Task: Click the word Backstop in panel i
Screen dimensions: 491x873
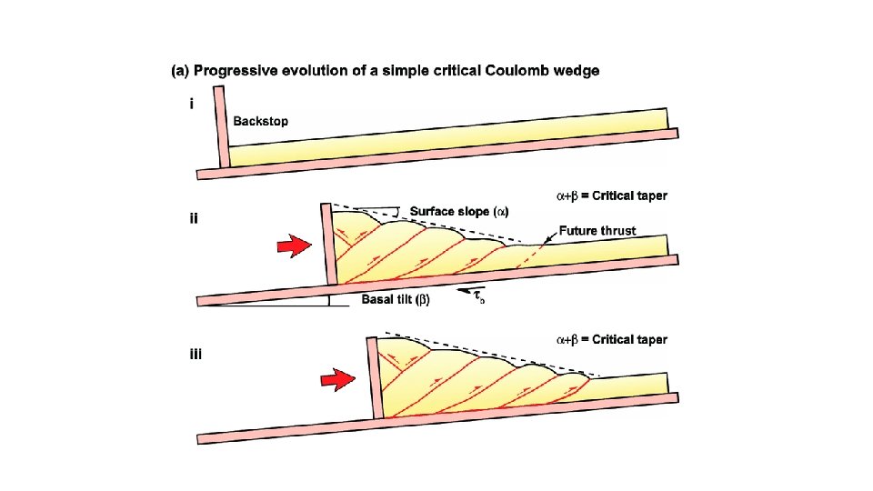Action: click(x=261, y=121)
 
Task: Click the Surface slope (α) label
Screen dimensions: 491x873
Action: click(x=459, y=212)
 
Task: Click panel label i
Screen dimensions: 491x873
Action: click(x=191, y=105)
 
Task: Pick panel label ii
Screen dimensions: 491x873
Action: click(x=193, y=218)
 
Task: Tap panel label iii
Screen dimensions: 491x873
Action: click(x=196, y=354)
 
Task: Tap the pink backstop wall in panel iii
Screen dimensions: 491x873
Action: click(x=373, y=377)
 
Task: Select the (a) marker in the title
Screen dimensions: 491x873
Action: click(x=180, y=71)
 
